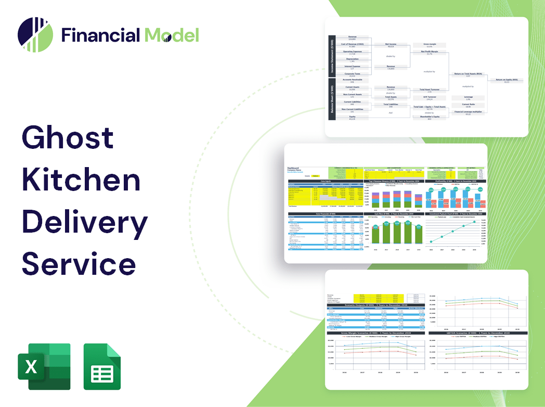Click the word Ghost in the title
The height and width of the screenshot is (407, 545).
point(68,137)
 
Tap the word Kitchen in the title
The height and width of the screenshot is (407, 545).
point(81,180)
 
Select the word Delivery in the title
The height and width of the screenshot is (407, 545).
point(84,223)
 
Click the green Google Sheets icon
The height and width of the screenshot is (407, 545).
point(102,366)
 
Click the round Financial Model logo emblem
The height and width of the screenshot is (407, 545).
point(35,35)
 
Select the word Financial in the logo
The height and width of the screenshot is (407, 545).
point(101,35)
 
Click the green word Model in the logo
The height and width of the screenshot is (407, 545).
point(172,35)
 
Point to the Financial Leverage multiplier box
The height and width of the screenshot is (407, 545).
point(468,112)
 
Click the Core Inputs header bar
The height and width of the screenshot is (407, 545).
point(326,182)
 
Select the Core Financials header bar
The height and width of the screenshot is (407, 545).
point(326,214)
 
